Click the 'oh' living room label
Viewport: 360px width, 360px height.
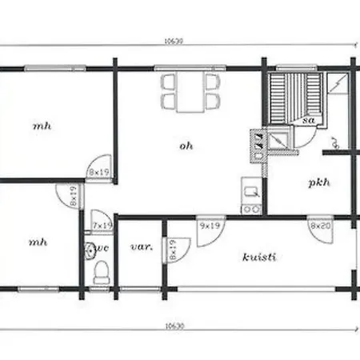click(x=186, y=145)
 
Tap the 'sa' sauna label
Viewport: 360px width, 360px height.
click(x=308, y=121)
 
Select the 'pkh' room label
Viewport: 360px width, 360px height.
click(x=319, y=182)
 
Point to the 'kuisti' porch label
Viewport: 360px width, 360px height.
click(x=258, y=257)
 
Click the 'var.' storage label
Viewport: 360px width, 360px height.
click(x=141, y=247)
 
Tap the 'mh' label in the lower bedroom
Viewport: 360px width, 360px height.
click(x=38, y=241)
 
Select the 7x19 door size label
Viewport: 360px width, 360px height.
click(x=102, y=226)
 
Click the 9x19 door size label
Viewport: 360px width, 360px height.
click(x=210, y=226)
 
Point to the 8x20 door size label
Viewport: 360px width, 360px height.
click(x=319, y=226)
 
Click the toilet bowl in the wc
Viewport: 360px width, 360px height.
click(x=101, y=274)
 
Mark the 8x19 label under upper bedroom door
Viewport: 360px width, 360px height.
click(x=98, y=172)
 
